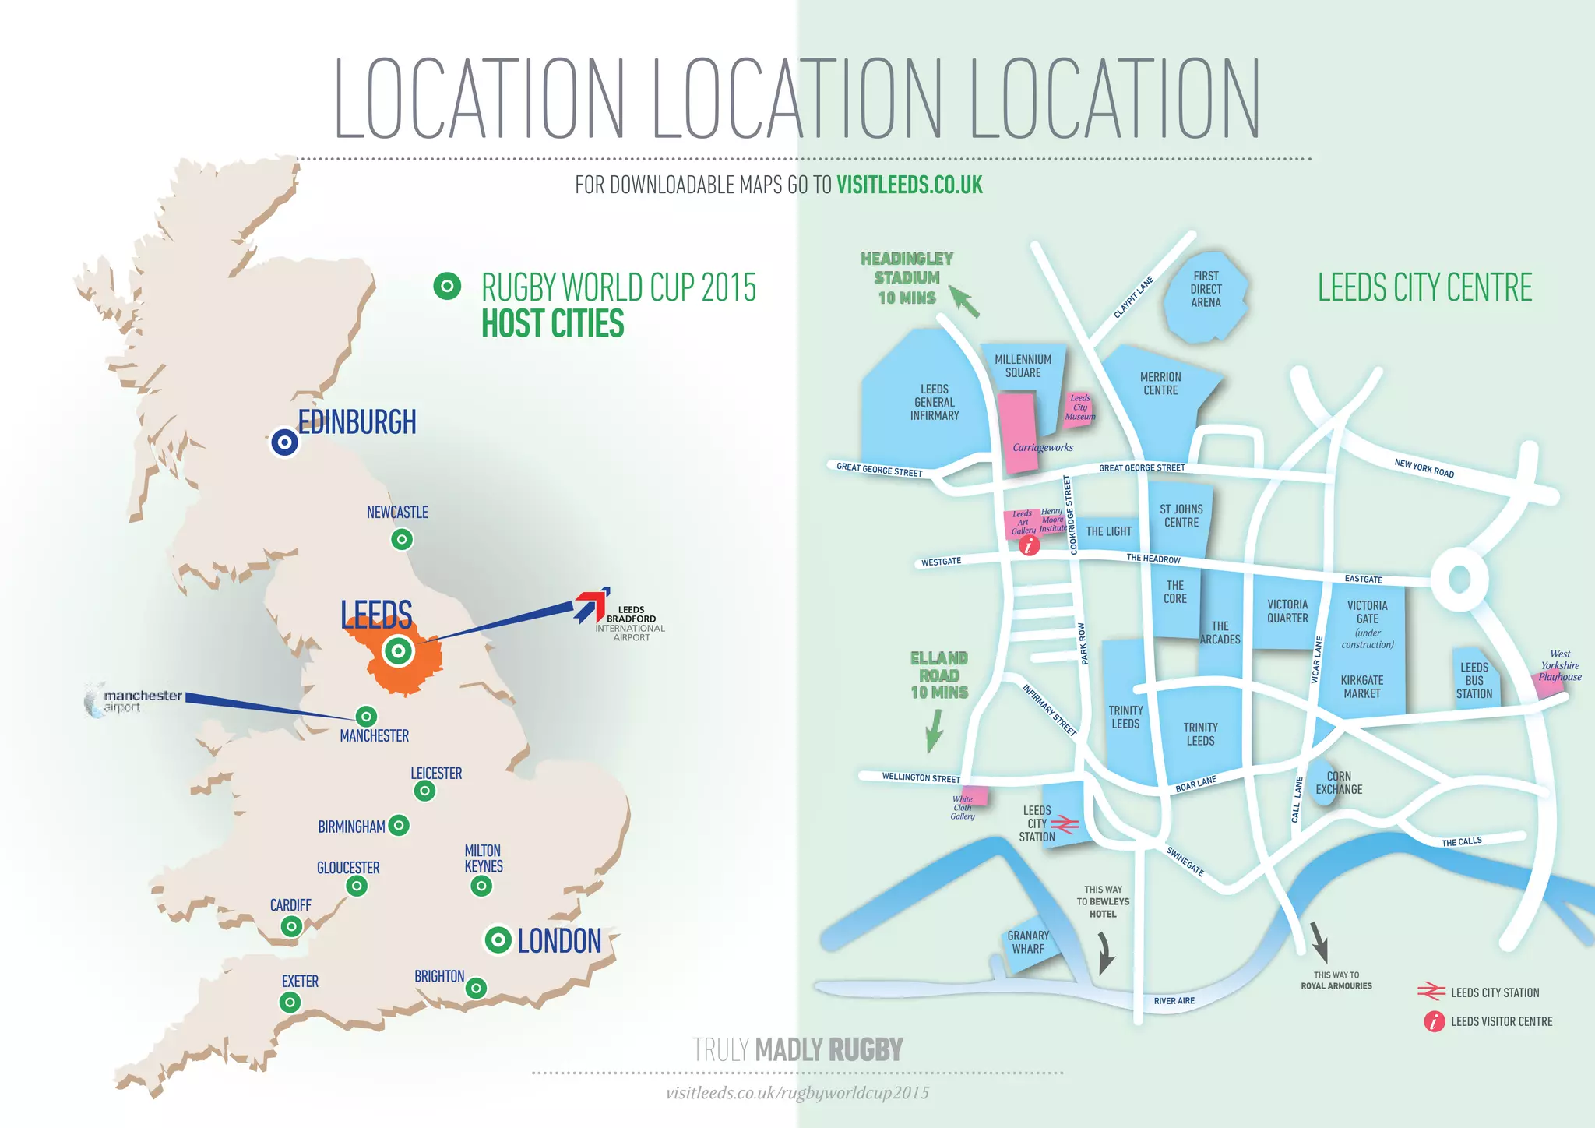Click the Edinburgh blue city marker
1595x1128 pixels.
285,443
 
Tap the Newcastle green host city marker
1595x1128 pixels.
402,539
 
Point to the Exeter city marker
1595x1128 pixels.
290,1002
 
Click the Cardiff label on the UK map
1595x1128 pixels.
290,905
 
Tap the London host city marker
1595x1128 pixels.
498,940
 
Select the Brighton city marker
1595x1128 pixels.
476,988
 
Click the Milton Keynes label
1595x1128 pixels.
484,858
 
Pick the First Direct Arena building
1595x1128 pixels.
1206,296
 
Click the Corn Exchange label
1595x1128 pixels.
1339,783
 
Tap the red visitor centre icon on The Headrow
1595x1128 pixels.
1029,545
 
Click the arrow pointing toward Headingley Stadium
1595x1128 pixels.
963,302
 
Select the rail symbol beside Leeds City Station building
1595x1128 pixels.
1065,824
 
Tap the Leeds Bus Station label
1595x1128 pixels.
1474,680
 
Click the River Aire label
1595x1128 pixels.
1174,1001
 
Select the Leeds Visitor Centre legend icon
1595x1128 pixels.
1434,1021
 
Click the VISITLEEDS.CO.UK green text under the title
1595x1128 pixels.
909,185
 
